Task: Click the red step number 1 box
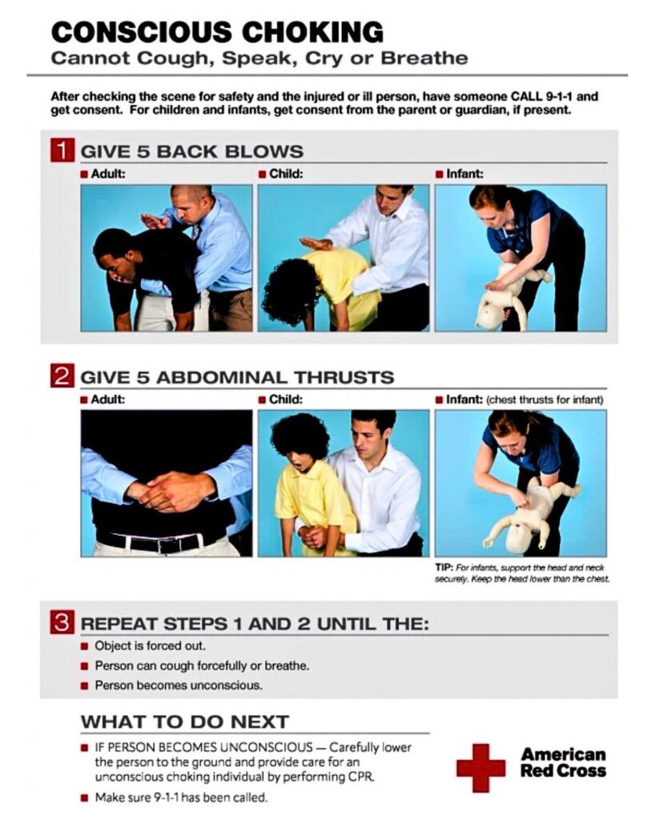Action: tap(62, 150)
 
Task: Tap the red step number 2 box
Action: tap(62, 376)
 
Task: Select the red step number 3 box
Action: tap(62, 622)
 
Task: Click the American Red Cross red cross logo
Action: tap(481, 768)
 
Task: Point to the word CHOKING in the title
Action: tap(312, 32)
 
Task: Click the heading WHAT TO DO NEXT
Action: tap(185, 722)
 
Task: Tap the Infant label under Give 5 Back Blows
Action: tap(465, 174)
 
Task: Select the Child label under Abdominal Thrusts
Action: tap(286, 400)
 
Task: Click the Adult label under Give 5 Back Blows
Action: tap(108, 174)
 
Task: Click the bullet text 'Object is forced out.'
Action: tap(150, 646)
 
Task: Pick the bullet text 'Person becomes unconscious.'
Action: tap(179, 685)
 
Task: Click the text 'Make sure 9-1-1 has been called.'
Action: tap(181, 798)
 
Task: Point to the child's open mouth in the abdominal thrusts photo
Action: tap(297, 464)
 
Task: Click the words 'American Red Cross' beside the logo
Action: tap(563, 762)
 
